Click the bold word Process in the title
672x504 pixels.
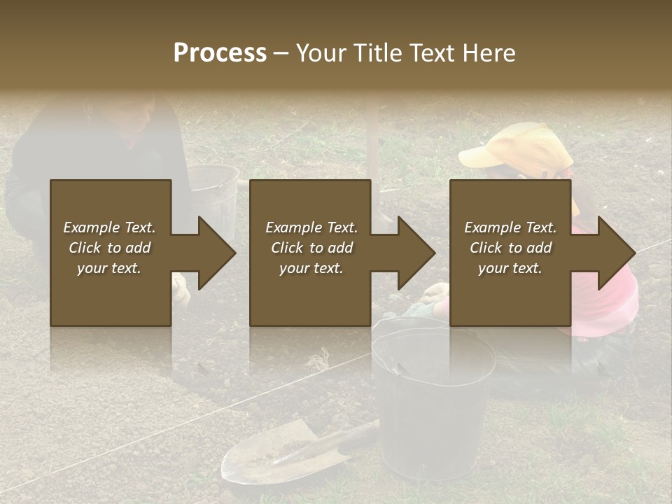coord(220,53)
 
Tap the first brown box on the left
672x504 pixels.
coord(111,294)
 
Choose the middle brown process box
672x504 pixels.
coord(310,294)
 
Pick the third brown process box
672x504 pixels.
coord(510,294)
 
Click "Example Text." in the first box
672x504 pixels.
coord(109,227)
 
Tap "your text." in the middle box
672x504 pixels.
coord(311,268)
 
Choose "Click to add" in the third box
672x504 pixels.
coord(511,248)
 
